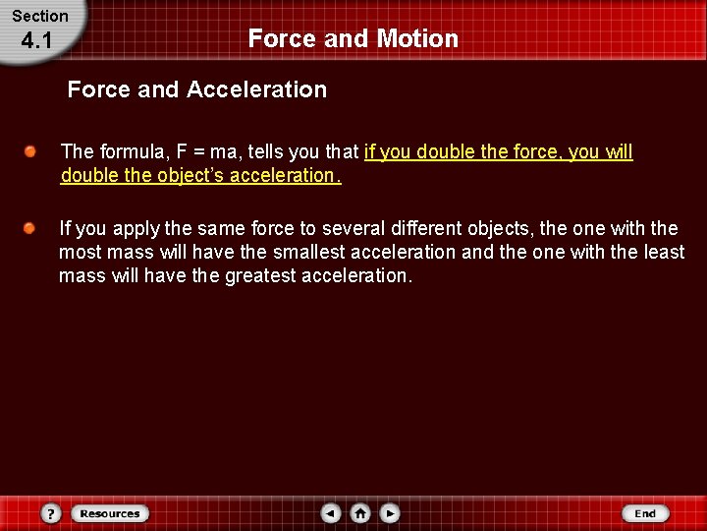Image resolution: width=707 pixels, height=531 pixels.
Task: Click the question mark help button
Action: pyautogui.click(x=51, y=513)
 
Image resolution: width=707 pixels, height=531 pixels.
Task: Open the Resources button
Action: pyautogui.click(x=109, y=513)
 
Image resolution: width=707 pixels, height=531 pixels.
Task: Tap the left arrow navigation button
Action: pyautogui.click(x=331, y=513)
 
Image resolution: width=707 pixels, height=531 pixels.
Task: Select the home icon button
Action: pyautogui.click(x=360, y=513)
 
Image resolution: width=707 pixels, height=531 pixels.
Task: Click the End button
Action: pyautogui.click(x=645, y=513)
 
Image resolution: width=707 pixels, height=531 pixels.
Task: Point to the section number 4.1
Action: pyautogui.click(x=35, y=41)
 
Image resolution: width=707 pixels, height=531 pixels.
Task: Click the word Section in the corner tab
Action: pyautogui.click(x=40, y=16)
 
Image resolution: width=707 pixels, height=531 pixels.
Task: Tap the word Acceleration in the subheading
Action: pyautogui.click(x=256, y=89)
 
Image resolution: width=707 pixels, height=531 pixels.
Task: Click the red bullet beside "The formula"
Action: pyautogui.click(x=32, y=152)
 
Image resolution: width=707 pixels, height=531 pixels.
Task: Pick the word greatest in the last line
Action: pyautogui.click(x=259, y=275)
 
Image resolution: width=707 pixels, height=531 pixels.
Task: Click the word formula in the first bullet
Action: pyautogui.click(x=130, y=152)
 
